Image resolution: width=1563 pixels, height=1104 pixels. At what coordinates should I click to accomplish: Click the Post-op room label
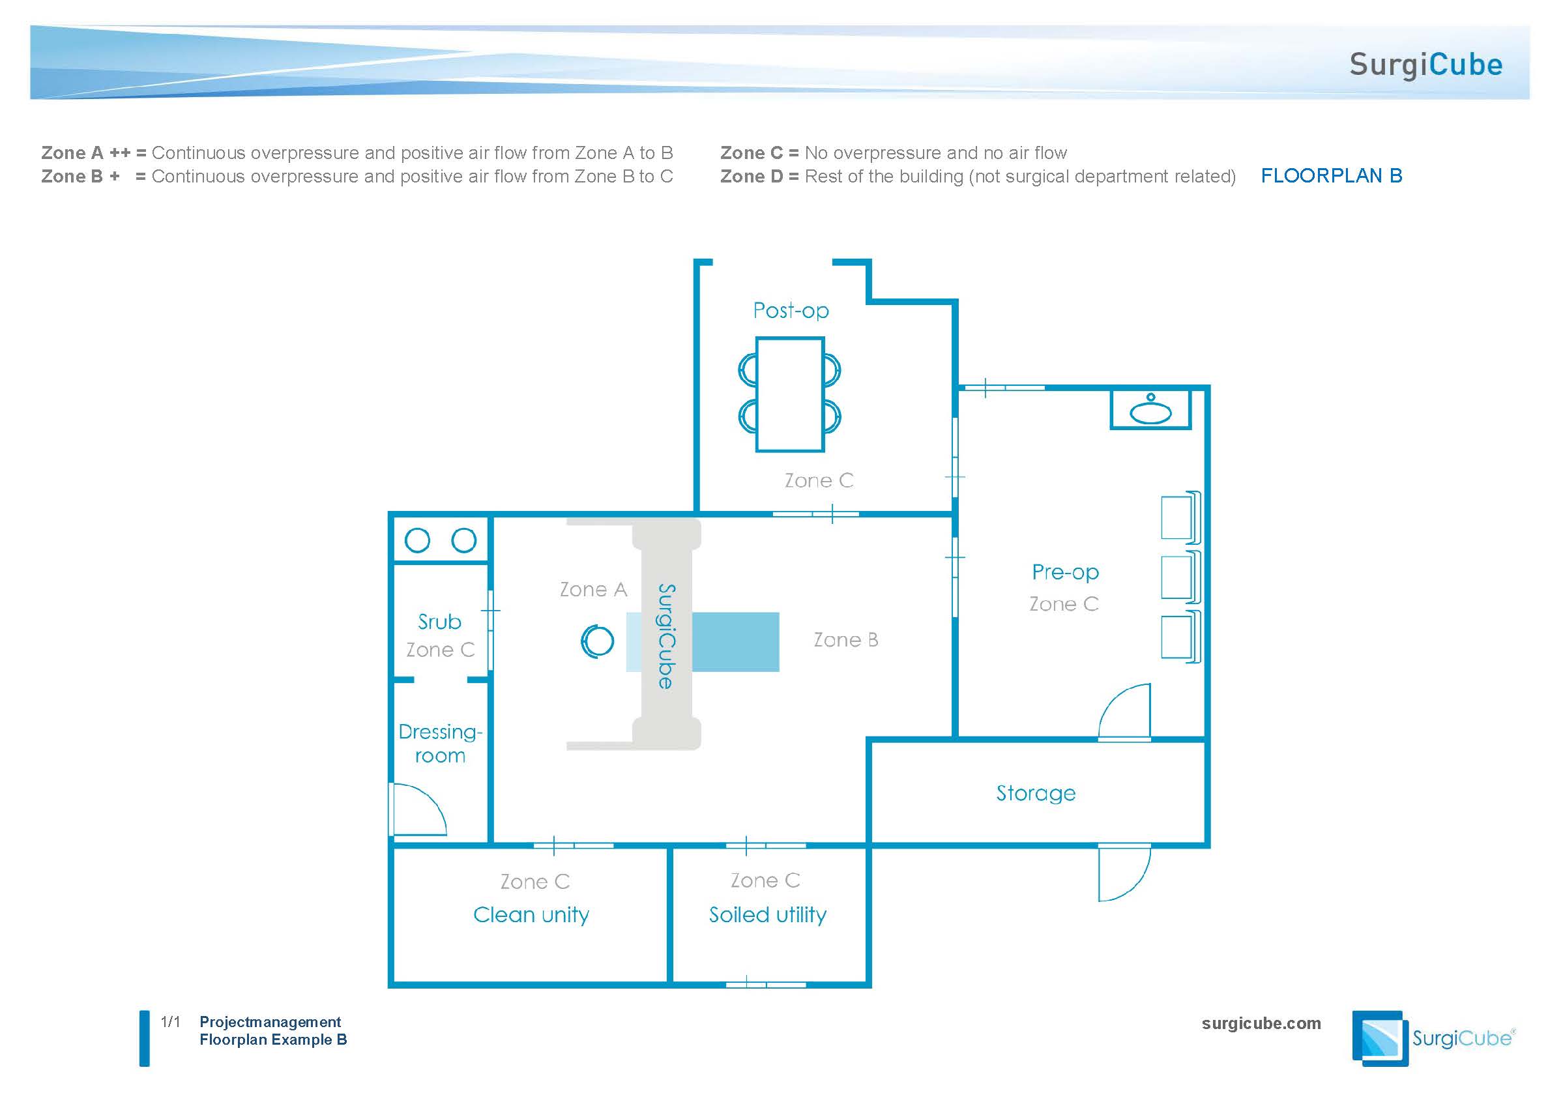[791, 311]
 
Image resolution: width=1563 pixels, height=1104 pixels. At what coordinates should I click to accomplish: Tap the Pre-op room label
[1064, 572]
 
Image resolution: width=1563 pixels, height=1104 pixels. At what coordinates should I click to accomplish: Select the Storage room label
[1036, 793]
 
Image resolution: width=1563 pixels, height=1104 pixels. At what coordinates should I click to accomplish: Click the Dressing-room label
[440, 743]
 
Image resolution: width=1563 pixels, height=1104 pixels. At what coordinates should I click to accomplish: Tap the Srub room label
[439, 622]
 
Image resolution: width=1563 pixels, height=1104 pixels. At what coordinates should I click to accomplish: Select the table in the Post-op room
[790, 395]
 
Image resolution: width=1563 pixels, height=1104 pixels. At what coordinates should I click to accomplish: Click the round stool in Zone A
[597, 641]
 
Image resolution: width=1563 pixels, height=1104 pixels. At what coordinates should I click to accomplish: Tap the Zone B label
[845, 640]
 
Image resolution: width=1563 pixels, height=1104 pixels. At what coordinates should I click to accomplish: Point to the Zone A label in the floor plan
[593, 589]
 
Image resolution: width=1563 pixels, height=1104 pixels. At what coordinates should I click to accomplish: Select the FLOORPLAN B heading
[1331, 175]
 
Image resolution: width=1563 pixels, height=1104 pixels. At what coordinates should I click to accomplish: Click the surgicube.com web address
[1261, 1024]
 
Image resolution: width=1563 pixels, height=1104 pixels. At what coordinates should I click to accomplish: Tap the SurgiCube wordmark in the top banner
[1425, 65]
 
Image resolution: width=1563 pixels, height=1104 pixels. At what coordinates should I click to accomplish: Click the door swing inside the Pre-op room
[1124, 712]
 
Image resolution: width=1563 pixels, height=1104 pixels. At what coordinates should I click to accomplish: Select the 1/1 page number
[170, 1022]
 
